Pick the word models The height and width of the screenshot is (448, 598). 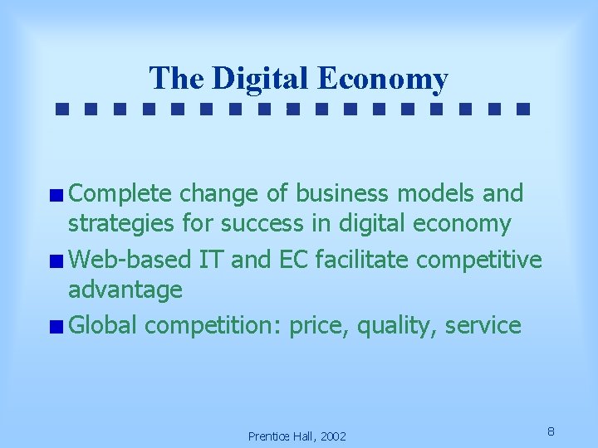coord(439,194)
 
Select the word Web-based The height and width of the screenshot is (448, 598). coord(130,261)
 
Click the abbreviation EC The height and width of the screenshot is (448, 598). coord(293,261)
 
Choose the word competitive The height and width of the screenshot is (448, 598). coord(479,261)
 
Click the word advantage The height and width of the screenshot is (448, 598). coord(125,290)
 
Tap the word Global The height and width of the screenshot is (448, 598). coord(103,326)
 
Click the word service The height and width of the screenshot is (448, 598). coord(483,326)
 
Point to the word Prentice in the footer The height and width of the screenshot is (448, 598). coord(270,436)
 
